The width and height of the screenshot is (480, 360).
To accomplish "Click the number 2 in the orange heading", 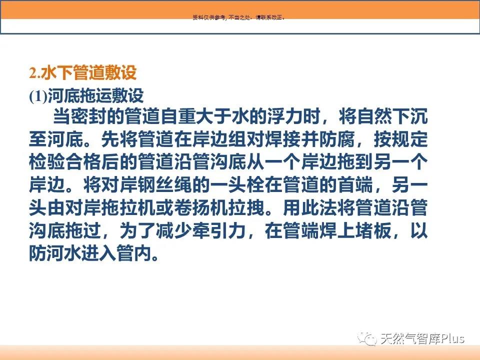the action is click(x=33, y=73).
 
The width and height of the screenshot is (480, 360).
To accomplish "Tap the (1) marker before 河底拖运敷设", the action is click(x=38, y=96).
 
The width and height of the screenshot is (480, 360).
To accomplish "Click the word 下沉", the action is click(x=410, y=116).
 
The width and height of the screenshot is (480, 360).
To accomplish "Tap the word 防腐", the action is click(x=336, y=139).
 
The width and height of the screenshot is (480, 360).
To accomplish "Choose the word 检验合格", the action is click(x=65, y=162).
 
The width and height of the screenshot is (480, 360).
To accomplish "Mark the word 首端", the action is click(x=355, y=185).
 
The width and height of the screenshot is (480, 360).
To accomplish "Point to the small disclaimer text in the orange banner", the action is click(x=239, y=17).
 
